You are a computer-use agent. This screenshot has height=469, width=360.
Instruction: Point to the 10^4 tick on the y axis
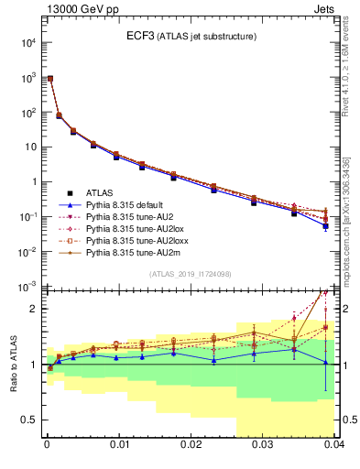[x=27, y=43]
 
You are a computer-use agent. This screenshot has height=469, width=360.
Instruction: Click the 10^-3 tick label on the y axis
[x=27, y=286]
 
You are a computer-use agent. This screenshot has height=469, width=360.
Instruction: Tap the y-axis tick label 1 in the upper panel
[x=32, y=181]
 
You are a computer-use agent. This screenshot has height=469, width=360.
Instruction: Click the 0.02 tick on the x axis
[x=190, y=445]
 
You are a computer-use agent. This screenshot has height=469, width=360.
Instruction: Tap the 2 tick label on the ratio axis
[x=33, y=309]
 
